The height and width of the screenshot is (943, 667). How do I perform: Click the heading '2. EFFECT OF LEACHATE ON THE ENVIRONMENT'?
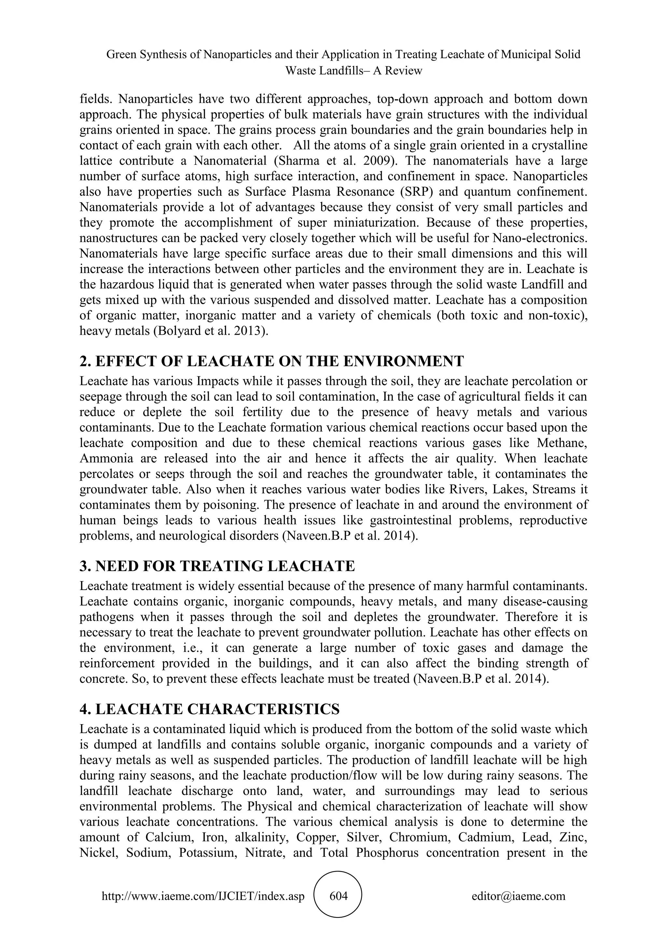click(272, 361)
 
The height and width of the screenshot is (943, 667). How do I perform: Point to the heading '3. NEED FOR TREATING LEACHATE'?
click(217, 566)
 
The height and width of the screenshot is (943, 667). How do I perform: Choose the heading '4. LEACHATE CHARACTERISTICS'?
click(209, 709)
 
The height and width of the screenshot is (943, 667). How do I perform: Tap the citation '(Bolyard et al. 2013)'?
click(211, 331)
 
